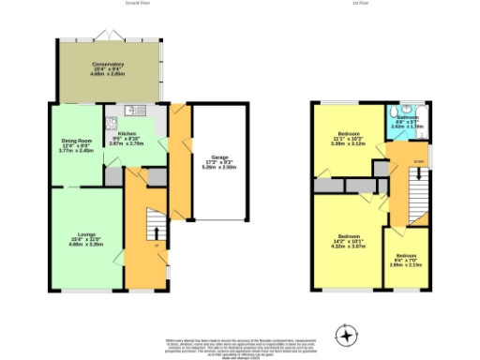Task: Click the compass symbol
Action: point(347,333)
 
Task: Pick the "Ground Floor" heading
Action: point(139,4)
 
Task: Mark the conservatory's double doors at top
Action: point(111,35)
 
